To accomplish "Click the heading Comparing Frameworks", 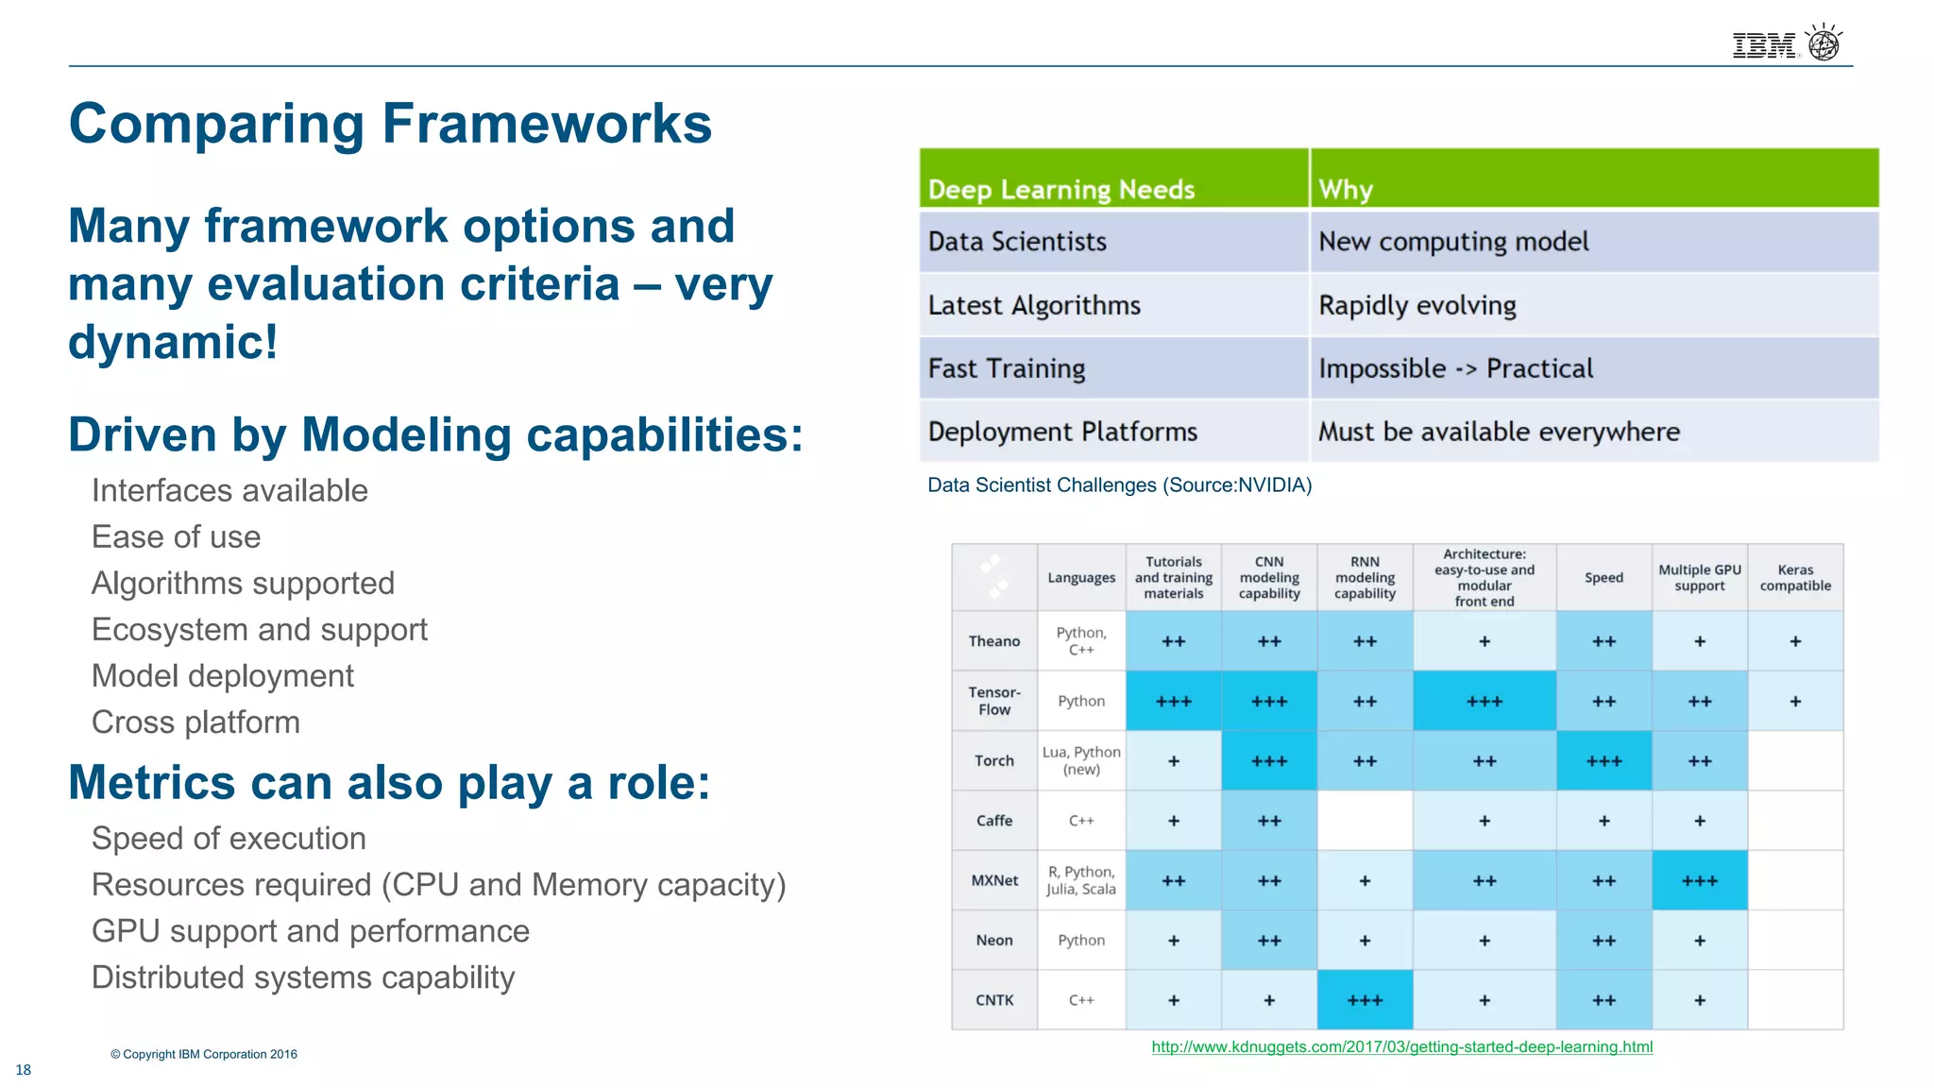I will coord(390,124).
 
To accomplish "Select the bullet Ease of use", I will coord(176,536).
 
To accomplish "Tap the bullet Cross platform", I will coord(195,722).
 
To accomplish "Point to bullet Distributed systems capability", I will coord(303,977).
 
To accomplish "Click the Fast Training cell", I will coord(1007,368).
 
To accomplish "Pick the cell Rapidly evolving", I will coord(1417,305).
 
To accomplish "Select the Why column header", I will coord(1346,189).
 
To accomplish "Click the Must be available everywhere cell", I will coord(1499,432).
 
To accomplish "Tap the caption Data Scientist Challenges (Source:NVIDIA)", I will coord(1119,484).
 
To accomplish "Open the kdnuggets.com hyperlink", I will coord(1401,1046).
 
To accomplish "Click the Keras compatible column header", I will coord(1794,577).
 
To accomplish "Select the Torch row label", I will coord(993,760).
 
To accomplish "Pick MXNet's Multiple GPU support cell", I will coord(1699,880).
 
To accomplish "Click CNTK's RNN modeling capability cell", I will coord(1365,1000).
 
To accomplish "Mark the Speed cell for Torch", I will coord(1603,760).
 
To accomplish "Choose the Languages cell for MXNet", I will coord(1080,880).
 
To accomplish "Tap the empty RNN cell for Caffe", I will coord(1365,821).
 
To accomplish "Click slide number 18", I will coord(24,1069).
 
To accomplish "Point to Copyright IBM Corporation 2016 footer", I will coord(204,1054).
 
